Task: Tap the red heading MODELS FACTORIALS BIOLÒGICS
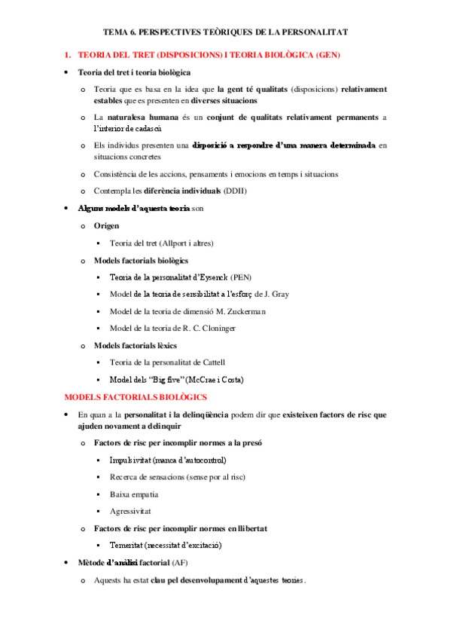[136, 396]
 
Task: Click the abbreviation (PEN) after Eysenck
[242, 277]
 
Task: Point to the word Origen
[107, 225]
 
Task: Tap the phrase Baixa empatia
[133, 494]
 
